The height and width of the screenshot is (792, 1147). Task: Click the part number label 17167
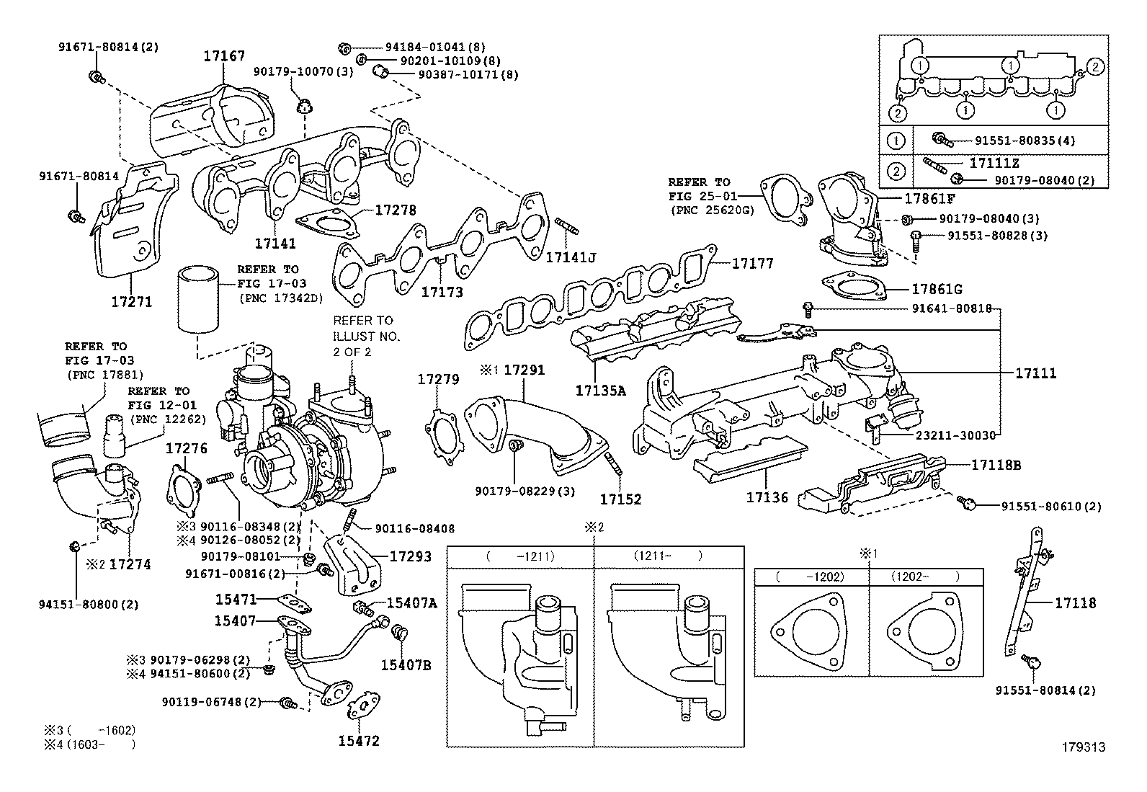click(x=223, y=55)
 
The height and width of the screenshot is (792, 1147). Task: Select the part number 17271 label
click(x=131, y=301)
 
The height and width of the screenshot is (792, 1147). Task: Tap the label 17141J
click(x=570, y=257)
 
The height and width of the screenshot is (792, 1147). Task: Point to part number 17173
click(x=442, y=292)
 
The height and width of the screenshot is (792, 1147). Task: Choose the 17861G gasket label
click(x=937, y=289)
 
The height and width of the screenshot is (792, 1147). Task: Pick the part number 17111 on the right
click(x=1035, y=373)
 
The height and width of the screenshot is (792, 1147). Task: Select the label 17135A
click(x=600, y=391)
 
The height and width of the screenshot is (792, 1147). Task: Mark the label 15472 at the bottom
click(x=359, y=741)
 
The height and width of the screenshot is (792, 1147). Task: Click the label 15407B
click(x=405, y=664)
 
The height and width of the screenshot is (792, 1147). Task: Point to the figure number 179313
click(x=1082, y=747)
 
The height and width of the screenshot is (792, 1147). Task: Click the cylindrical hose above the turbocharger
click(x=198, y=300)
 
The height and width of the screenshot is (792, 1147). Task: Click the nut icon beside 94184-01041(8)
click(x=344, y=48)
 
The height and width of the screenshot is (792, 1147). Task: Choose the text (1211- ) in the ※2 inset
click(x=667, y=556)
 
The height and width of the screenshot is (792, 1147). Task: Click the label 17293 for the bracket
click(x=410, y=556)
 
